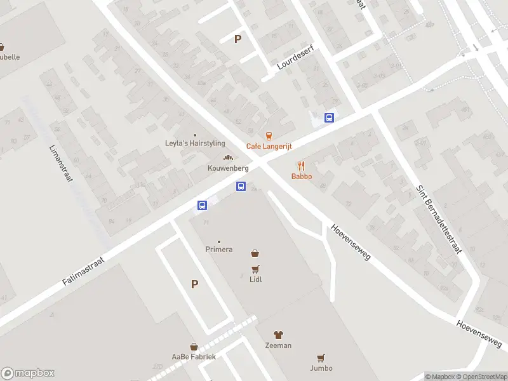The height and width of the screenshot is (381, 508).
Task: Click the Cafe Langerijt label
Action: tap(269, 146)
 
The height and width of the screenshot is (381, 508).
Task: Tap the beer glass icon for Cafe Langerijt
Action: tap(269, 136)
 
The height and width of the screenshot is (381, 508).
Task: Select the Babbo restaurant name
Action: tap(302, 176)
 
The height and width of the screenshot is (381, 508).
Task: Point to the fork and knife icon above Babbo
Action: tap(302, 166)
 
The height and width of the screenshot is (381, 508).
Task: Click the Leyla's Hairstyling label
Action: tap(195, 144)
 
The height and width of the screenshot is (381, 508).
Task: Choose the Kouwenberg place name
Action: tap(227, 168)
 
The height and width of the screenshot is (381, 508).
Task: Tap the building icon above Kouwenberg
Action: tap(227, 158)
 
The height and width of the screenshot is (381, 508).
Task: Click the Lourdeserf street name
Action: tap(296, 57)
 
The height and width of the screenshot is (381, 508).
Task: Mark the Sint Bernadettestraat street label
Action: tap(439, 219)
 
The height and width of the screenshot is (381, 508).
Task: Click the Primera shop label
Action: tap(219, 250)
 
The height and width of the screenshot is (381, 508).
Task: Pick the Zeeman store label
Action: tap(278, 345)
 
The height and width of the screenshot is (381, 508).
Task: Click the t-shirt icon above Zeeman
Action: tap(278, 335)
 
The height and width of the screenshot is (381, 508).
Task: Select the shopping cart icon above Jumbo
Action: tap(321, 358)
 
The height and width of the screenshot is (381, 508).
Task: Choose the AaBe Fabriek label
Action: tap(194, 357)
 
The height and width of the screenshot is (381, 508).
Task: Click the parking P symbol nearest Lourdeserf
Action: tap(238, 39)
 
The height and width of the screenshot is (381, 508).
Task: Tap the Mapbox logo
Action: tap(28, 373)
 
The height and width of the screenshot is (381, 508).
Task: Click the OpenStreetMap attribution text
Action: tap(481, 377)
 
